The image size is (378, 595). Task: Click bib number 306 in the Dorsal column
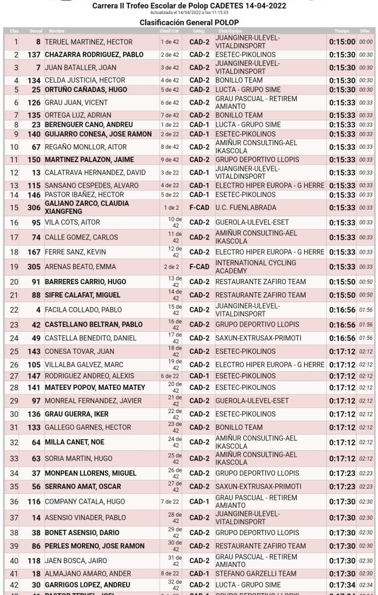click(x=34, y=207)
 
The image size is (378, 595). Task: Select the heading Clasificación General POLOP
click(x=189, y=21)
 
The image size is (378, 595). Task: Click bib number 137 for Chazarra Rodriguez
click(x=34, y=54)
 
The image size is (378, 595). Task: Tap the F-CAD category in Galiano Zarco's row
click(x=198, y=207)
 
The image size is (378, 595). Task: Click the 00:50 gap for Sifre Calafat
click(x=366, y=295)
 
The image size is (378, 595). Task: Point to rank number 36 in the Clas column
click(x=14, y=501)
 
